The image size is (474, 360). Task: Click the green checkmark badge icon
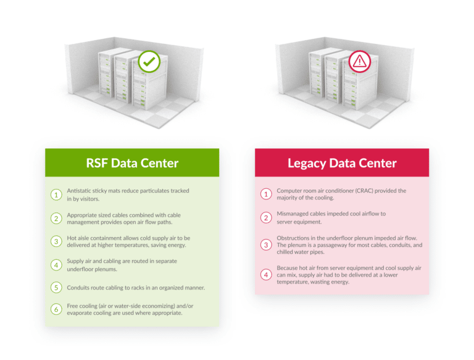click(149, 62)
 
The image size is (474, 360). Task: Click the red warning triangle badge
click(359, 62)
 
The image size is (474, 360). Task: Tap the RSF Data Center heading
click(132, 163)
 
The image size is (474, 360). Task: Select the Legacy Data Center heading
click(342, 163)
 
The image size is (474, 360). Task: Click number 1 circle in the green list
click(56, 195)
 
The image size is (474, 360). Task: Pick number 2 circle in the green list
click(56, 218)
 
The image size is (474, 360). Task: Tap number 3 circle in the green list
click(56, 241)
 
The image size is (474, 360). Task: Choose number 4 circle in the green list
click(56, 265)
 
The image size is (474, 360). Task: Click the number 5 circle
click(56, 288)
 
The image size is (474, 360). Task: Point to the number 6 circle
click(56, 309)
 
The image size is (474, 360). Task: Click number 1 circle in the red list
click(266, 195)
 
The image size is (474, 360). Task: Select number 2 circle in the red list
click(266, 217)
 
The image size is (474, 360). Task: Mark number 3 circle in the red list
click(266, 245)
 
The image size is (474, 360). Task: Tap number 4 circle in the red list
click(266, 275)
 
